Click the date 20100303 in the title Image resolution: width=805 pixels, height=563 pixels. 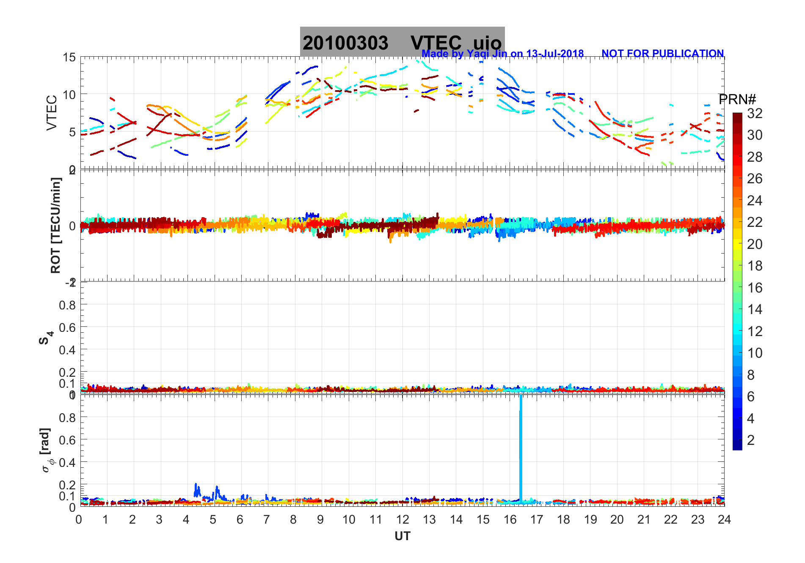point(345,43)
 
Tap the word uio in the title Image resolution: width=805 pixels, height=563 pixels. point(487,43)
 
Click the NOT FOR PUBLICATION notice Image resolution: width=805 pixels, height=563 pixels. point(662,54)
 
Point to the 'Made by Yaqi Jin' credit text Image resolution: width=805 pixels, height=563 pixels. point(502,54)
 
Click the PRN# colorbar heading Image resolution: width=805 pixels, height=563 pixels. point(737,99)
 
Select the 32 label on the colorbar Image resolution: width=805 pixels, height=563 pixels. point(755,113)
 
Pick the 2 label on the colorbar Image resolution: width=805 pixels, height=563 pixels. point(751,440)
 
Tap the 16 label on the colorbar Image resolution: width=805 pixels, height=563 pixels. point(755,288)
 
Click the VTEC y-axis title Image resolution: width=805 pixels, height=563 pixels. point(52,113)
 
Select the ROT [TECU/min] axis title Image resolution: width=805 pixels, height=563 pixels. point(55,225)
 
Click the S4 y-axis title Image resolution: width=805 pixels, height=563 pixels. point(46,338)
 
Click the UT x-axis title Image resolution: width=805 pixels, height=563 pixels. point(402,536)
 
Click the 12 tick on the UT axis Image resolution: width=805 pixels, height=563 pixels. point(402,519)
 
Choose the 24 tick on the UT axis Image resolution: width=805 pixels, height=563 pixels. point(724,519)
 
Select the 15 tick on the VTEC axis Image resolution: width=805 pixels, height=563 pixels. point(69,58)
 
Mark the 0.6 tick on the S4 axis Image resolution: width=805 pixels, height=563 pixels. point(67,327)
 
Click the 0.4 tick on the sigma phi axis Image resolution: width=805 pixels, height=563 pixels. point(67,462)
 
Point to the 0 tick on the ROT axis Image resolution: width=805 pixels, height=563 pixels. point(72,226)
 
